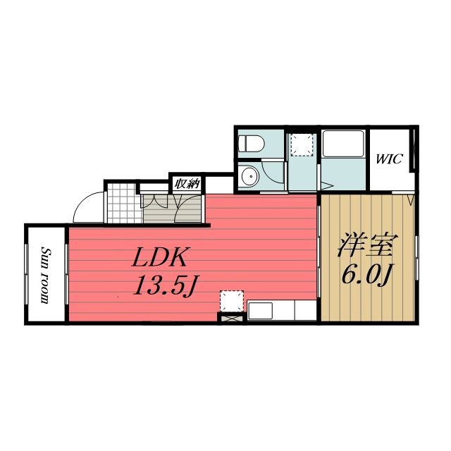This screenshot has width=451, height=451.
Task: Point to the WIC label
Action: (x=388, y=159)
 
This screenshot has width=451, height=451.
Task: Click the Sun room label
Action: (x=45, y=275)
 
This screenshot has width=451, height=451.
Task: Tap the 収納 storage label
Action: (x=186, y=184)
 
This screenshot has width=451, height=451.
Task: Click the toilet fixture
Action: (x=250, y=143)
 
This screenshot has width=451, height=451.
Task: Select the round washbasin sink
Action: (x=247, y=175)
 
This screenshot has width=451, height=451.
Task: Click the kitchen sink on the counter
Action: (x=259, y=310)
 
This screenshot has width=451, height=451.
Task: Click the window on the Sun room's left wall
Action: (x=27, y=275)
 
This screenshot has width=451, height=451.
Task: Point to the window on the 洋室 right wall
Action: (x=416, y=257)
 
